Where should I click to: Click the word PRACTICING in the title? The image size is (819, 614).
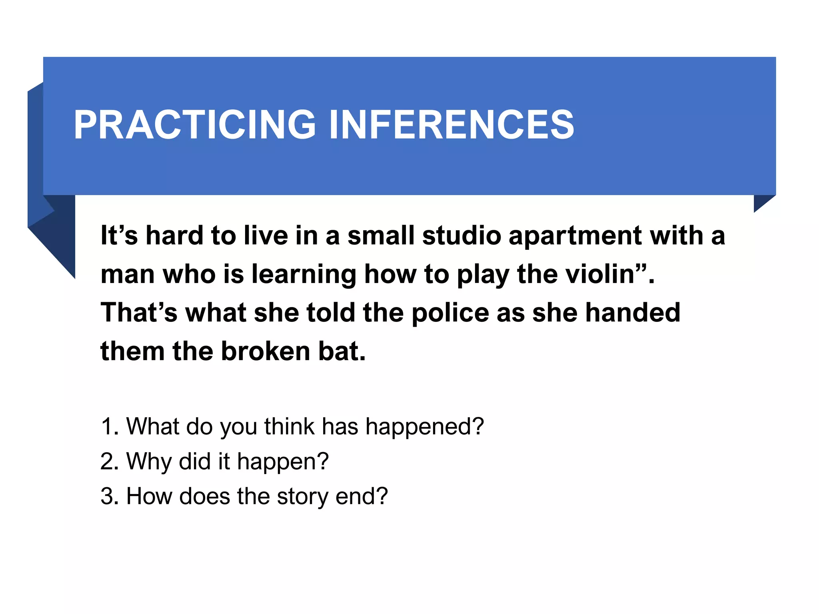coord(195,125)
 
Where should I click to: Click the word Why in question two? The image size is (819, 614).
coord(149,462)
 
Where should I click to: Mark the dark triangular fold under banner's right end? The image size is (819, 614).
coord(761,201)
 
